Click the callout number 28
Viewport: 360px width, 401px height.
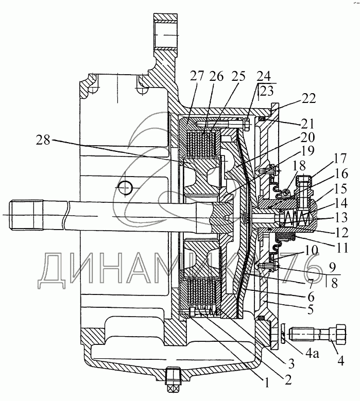pyautogui.click(x=43, y=140)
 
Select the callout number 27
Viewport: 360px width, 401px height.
pyautogui.click(x=197, y=76)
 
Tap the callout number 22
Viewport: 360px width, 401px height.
pyautogui.click(x=308, y=99)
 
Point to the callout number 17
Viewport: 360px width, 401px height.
pyautogui.click(x=339, y=159)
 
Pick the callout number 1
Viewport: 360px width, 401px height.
pyautogui.click(x=266, y=382)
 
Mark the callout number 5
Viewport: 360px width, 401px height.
pyautogui.click(x=310, y=310)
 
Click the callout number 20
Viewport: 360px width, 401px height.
pyautogui.click(x=308, y=137)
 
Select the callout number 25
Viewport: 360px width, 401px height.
pyautogui.click(x=238, y=76)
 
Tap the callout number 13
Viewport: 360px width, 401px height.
pyautogui.click(x=341, y=218)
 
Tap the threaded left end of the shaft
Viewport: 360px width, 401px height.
pyautogui.click(x=26, y=215)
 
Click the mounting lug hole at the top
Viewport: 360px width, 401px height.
pyautogui.click(x=166, y=35)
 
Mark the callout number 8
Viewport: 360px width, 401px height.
pyautogui.click(x=334, y=283)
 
